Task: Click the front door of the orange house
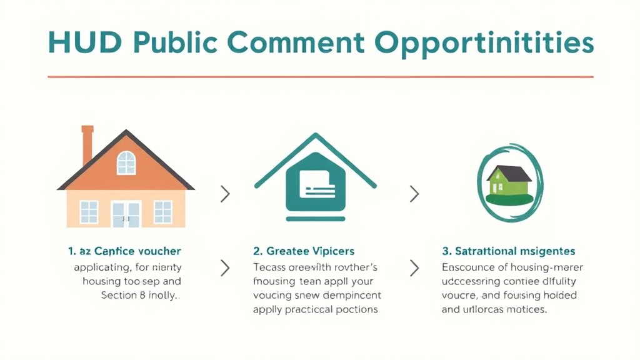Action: (126, 213)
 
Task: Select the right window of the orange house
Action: (162, 212)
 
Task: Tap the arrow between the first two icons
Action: (226, 194)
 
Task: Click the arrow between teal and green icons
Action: (414, 194)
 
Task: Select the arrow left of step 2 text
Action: (226, 269)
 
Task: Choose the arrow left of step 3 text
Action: (414, 269)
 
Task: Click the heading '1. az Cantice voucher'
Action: (124, 251)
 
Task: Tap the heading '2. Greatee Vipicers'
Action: (304, 251)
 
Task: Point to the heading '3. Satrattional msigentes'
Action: (508, 251)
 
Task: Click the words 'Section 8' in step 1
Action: (119, 295)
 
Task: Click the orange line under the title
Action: (320, 77)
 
